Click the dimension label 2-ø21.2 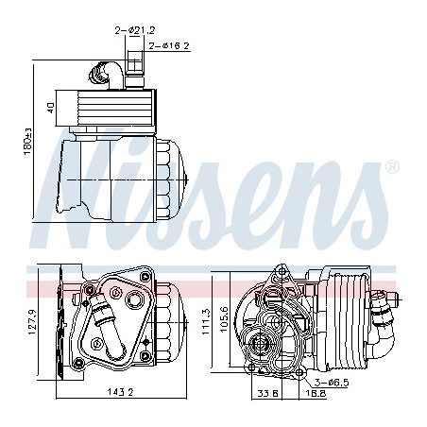click(x=135, y=30)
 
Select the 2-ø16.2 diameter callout click(x=169, y=46)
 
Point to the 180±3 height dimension click(x=28, y=141)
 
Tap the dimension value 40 click(x=51, y=108)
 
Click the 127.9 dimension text click(x=32, y=321)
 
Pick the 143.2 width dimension click(x=121, y=392)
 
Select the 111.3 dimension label click(x=206, y=321)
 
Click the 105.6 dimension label click(x=224, y=319)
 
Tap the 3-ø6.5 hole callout click(x=332, y=383)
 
